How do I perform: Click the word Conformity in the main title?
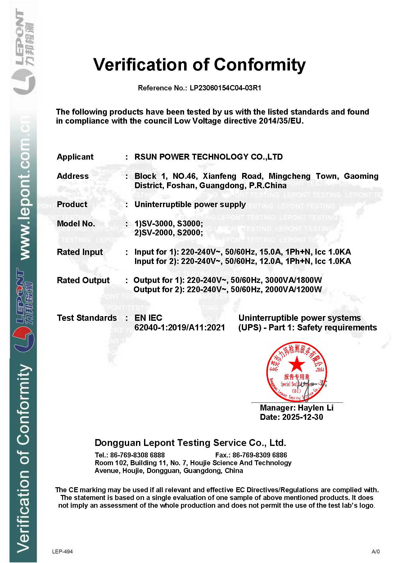260,65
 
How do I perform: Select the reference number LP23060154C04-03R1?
225,88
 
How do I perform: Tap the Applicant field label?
75,157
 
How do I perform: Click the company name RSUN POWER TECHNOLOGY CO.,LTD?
208,157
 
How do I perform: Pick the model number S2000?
190,233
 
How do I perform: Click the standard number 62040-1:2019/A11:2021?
179,328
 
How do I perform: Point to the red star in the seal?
297,364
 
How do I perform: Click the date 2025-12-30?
302,417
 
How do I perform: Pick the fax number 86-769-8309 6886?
260,455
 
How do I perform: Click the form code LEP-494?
62,552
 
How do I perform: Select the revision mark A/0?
375,552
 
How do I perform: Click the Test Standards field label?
87,318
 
